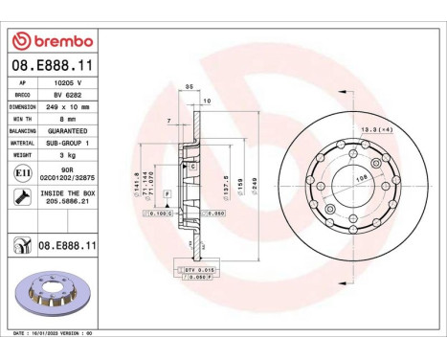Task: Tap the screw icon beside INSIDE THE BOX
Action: tap(21, 195)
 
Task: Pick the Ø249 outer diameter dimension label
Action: tap(257, 181)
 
